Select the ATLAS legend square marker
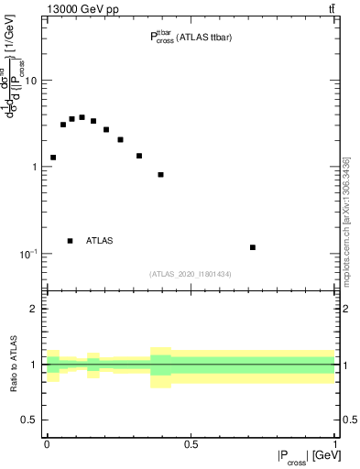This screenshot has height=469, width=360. click(x=70, y=241)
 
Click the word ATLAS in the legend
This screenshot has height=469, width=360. click(x=99, y=241)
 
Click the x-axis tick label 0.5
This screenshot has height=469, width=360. click(x=191, y=446)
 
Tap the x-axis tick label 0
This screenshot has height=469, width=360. click(x=47, y=446)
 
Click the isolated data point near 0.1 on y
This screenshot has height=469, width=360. click(x=253, y=247)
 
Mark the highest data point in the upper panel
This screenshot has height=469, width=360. click(x=82, y=117)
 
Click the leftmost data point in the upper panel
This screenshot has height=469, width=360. click(x=53, y=158)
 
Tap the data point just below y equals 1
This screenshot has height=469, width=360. click(x=160, y=175)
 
